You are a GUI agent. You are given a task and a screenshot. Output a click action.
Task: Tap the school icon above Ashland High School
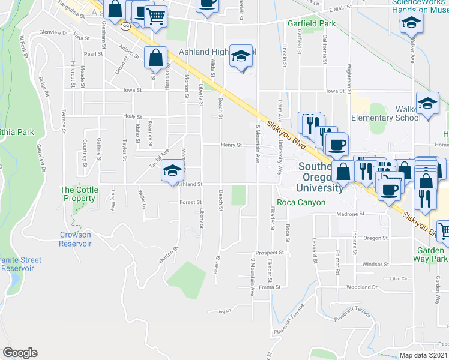coord(241,57)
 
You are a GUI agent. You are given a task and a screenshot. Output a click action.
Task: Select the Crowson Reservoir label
coord(76,239)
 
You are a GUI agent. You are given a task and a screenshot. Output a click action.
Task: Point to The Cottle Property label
coord(79,194)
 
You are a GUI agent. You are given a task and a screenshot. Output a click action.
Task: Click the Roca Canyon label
coord(301,202)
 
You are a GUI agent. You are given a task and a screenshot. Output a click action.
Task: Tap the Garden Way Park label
coord(430,254)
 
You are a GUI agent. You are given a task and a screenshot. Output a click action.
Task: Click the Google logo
coord(20,353)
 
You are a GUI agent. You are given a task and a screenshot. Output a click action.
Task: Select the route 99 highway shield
coord(125,27)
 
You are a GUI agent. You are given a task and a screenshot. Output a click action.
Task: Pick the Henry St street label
coord(231,145)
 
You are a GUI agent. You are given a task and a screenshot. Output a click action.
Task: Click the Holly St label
coord(131,117)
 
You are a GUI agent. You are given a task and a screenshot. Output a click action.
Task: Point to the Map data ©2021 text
coord(423,355)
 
